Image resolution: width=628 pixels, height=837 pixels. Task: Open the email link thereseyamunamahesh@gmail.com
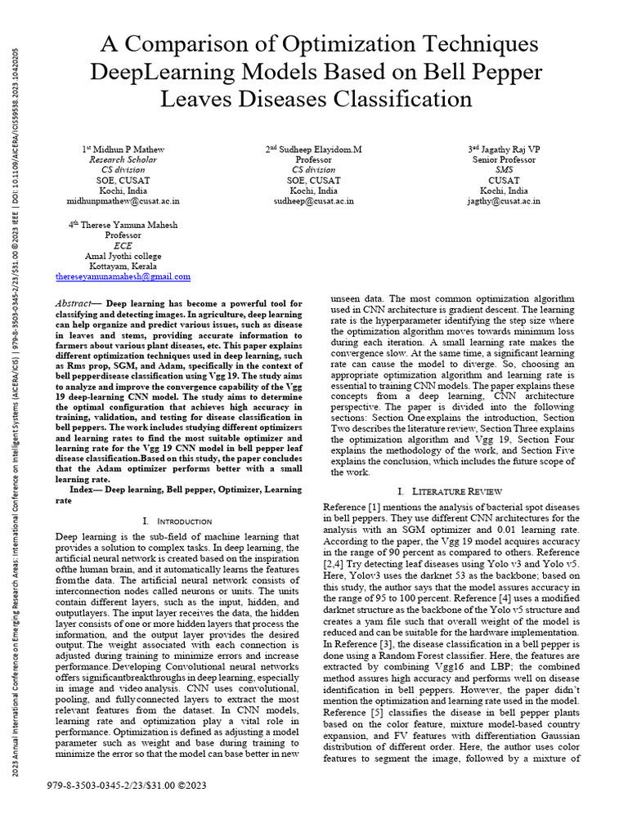tap(123, 277)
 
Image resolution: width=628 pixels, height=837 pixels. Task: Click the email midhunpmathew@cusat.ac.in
tap(123, 200)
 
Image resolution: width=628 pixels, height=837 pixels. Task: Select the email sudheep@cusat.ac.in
tap(314, 200)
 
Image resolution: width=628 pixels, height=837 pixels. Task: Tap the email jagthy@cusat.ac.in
tap(503, 200)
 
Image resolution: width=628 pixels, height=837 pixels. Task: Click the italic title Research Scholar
tap(123, 159)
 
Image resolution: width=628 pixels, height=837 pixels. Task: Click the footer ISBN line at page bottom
tap(127, 786)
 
